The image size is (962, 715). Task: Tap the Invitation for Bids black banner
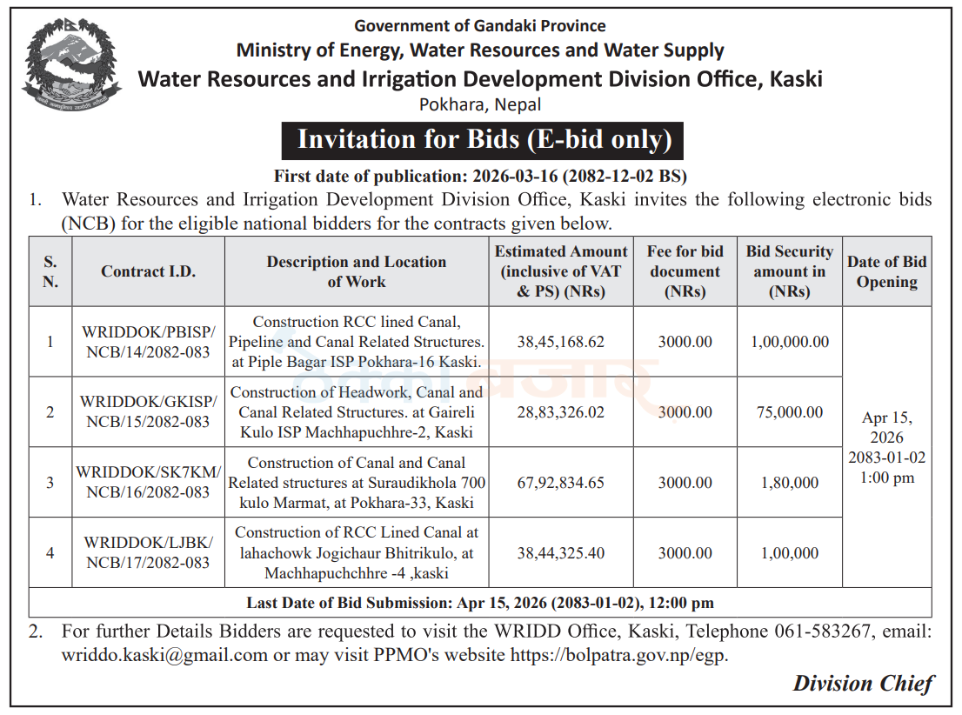click(482, 141)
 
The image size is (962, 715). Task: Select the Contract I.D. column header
click(149, 271)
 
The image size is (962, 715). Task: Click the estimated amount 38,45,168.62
click(561, 342)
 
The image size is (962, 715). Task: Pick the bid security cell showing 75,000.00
click(790, 411)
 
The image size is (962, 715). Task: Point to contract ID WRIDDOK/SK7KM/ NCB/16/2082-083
click(149, 483)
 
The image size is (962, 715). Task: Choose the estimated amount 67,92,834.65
click(561, 483)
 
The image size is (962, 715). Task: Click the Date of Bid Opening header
click(886, 271)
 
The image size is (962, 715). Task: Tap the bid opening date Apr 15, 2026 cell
click(886, 447)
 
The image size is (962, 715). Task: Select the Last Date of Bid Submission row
click(480, 603)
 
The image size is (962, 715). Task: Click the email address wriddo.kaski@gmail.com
click(164, 656)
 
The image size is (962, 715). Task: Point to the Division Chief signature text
click(863, 684)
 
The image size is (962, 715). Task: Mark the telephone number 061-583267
click(823, 631)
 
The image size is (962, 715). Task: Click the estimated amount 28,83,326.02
click(561, 411)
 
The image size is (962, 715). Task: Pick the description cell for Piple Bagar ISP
click(357, 342)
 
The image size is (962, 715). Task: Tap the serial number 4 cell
click(50, 553)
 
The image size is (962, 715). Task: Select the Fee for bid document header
click(685, 271)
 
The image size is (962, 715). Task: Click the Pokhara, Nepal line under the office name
click(480, 105)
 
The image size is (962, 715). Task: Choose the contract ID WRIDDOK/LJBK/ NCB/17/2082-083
click(149, 552)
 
